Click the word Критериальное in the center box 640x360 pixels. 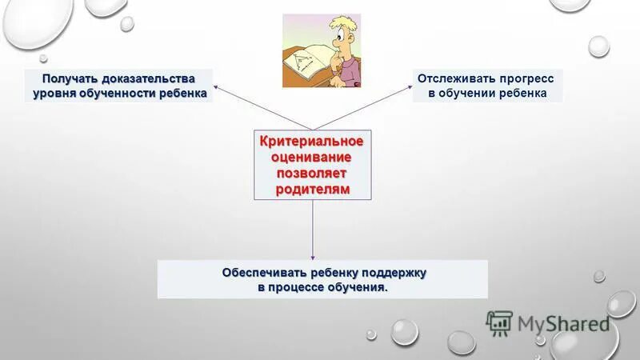pyautogui.click(x=314, y=142)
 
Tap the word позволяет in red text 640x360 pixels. pyautogui.click(x=312, y=172)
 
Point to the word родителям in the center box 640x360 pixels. pyautogui.click(x=313, y=187)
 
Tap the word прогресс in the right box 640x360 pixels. pyautogui.click(x=526, y=78)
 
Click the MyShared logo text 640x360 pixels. pyautogui.click(x=563, y=322)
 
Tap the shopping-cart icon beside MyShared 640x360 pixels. pyautogui.click(x=499, y=322)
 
